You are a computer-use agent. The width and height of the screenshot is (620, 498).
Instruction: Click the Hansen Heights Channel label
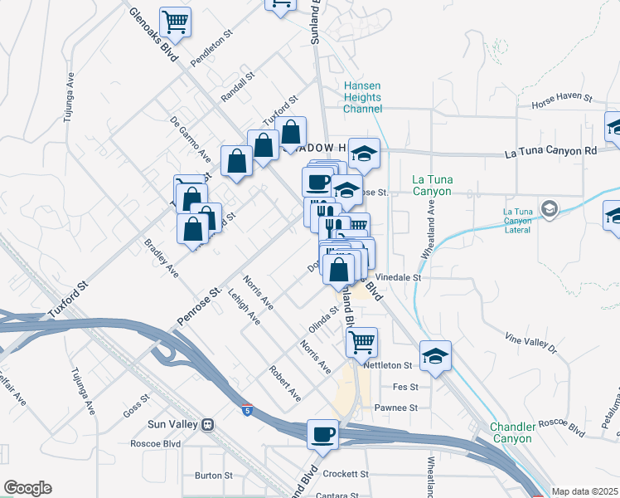click(363, 97)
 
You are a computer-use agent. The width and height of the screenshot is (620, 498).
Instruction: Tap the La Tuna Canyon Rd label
click(550, 152)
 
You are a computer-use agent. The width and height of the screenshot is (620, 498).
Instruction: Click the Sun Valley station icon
click(207, 424)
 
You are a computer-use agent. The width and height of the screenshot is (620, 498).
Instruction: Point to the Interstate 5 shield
click(247, 409)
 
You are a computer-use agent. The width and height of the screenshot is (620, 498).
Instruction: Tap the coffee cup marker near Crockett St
click(322, 434)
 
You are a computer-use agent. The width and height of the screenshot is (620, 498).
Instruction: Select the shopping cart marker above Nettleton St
click(361, 341)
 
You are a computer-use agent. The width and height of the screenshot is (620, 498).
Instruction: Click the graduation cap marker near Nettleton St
click(435, 355)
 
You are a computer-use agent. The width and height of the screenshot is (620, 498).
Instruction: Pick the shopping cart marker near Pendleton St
click(176, 21)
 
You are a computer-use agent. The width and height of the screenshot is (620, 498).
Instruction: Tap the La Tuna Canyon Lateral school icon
click(548, 207)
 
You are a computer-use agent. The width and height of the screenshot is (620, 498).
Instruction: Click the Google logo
click(27, 488)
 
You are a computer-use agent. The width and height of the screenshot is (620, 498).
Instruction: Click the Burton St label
click(213, 476)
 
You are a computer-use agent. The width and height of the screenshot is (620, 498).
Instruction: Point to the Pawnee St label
click(395, 408)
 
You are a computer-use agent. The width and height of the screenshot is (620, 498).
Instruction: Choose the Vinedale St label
click(399, 278)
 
